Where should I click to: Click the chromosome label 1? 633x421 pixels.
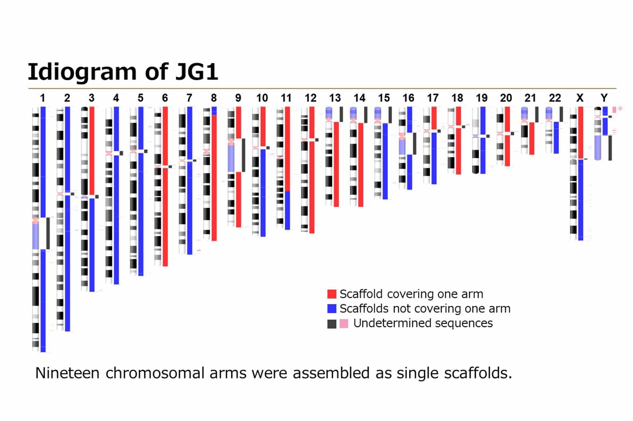point(43,98)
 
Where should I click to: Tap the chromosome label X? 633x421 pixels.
point(580,98)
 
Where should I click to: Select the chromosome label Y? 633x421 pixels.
point(604,98)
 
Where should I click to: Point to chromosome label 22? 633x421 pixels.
point(555,98)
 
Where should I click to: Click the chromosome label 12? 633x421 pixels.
point(311,98)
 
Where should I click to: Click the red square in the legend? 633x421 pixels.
point(332,294)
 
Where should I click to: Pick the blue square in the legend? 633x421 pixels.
point(332,308)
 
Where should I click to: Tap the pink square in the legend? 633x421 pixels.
point(344,324)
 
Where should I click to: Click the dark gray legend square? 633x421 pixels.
point(332,324)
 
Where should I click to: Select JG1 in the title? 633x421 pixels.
point(197,72)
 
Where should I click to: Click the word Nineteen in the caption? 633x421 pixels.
point(67,373)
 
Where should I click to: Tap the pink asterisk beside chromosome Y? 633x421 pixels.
point(620,109)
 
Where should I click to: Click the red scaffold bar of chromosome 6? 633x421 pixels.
point(165,215)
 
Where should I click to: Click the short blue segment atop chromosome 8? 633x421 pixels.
point(214,110)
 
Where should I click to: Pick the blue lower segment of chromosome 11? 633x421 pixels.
point(287,210)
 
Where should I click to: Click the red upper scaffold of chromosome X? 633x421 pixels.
point(581,133)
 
